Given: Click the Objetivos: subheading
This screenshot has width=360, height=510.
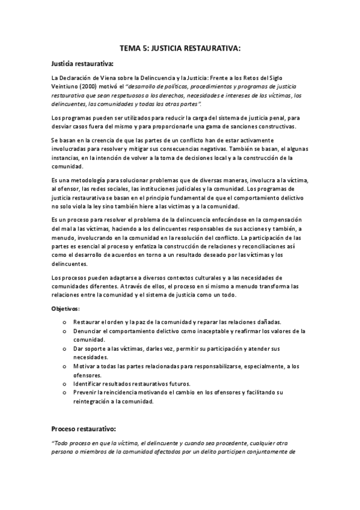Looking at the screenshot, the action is (x=66, y=309).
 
